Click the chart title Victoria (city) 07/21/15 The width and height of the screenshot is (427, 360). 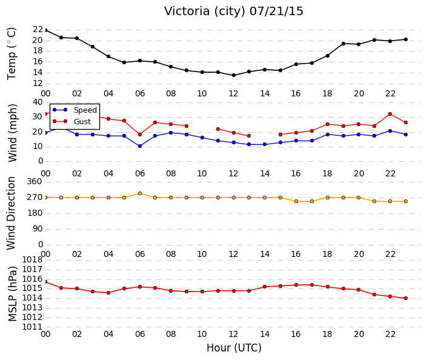234,12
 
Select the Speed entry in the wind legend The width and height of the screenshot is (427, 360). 75,110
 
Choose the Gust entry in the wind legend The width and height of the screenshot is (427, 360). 71,122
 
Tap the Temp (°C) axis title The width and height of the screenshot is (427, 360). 12,54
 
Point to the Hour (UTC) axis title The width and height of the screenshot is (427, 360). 234,348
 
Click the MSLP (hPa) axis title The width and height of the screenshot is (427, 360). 12,294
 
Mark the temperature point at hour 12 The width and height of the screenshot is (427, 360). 234,75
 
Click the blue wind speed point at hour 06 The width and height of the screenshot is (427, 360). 140,146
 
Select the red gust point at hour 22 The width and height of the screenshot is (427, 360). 390,114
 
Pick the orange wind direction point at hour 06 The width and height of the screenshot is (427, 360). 140,193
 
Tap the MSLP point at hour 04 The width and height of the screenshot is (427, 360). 108,293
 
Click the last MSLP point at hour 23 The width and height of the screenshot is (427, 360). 406,298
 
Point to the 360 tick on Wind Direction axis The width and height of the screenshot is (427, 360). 35,182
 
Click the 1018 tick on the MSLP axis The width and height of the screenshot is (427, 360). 32,259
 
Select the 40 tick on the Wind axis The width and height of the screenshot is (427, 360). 38,102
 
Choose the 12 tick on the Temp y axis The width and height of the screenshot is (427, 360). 38,84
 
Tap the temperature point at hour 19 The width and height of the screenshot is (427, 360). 343,44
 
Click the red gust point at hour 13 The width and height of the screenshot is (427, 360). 249,136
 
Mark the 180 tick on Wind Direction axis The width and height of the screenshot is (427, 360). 35,213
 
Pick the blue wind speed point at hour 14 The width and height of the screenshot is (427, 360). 265,144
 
